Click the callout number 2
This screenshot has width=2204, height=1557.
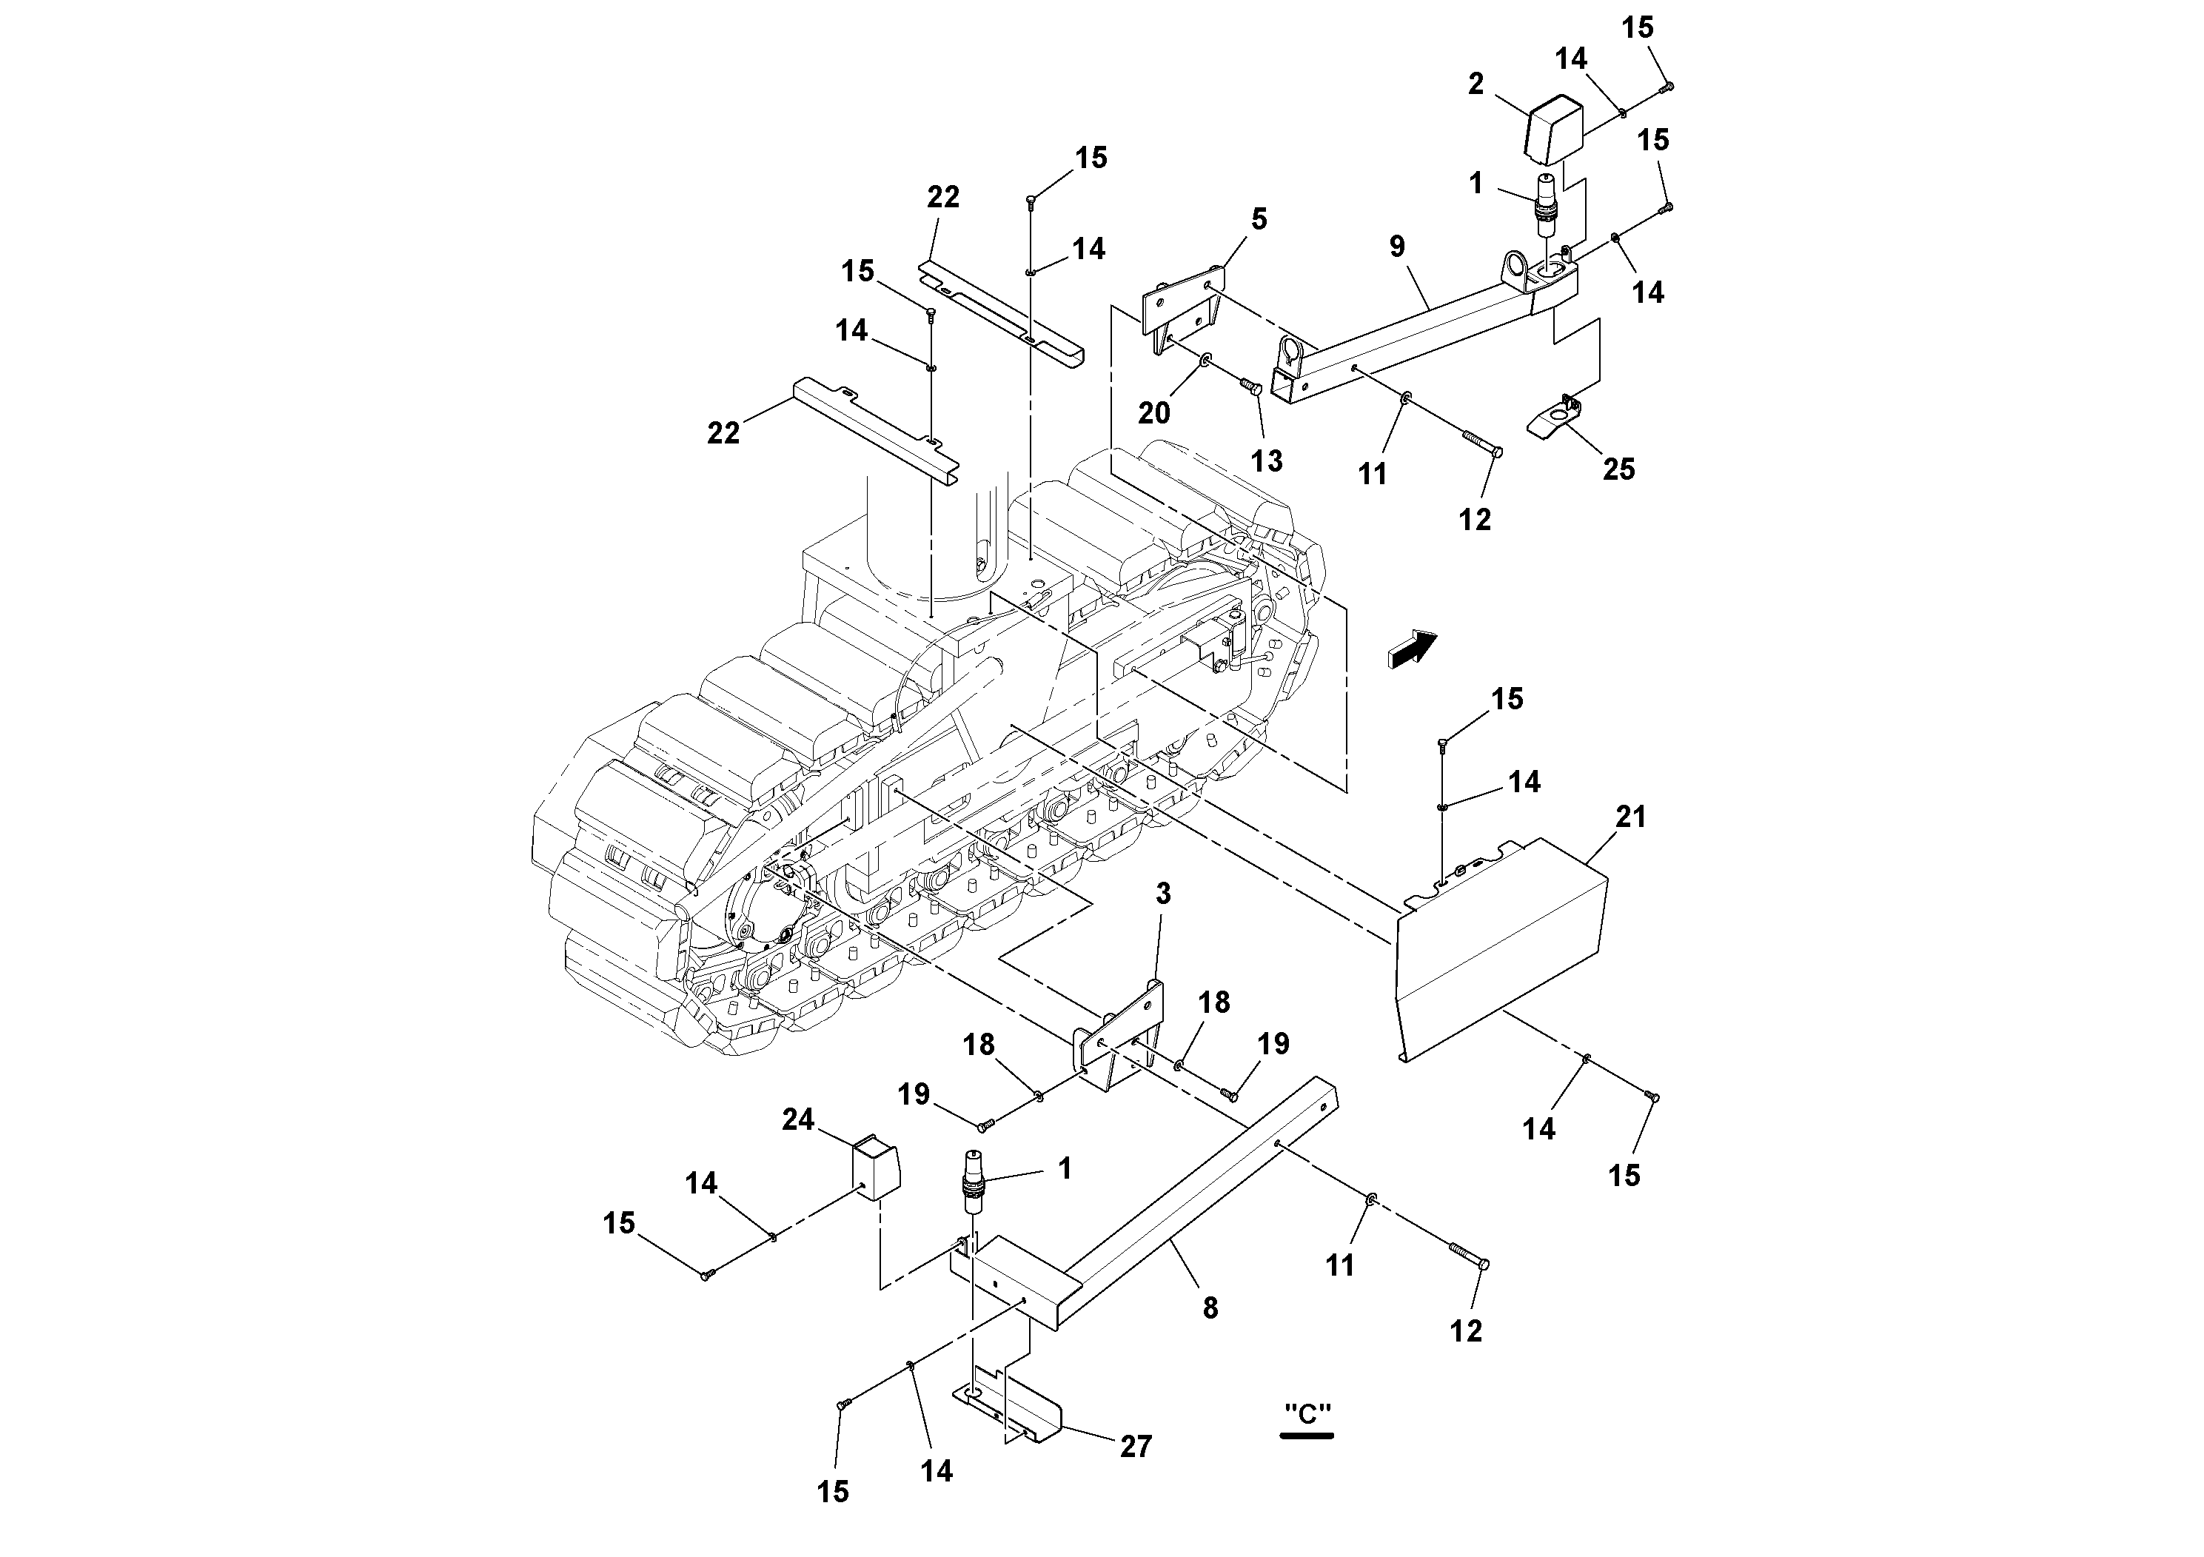(x=1476, y=84)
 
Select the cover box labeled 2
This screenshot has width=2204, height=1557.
(x=1553, y=130)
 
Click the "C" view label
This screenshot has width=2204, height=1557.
(x=1307, y=1414)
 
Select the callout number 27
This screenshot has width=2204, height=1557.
(x=1136, y=1446)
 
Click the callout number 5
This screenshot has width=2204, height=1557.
(x=1259, y=219)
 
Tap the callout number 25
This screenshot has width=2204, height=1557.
(x=1618, y=469)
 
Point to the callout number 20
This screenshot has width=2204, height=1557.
(x=1154, y=413)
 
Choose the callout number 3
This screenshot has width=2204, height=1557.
(x=1162, y=894)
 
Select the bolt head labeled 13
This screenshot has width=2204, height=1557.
(x=1250, y=414)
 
